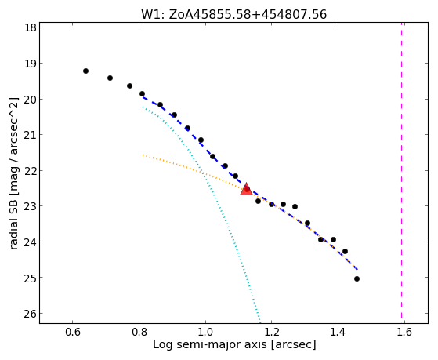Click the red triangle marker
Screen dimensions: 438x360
246,189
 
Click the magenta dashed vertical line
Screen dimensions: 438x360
402,170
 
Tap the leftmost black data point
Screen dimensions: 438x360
85,71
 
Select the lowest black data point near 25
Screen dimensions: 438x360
357,279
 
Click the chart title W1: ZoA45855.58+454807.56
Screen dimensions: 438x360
233,15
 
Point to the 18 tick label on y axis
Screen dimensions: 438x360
31,27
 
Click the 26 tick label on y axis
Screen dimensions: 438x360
31,314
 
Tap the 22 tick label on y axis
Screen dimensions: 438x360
31,170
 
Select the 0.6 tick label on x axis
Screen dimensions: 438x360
73,332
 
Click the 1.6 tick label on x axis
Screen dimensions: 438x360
404,332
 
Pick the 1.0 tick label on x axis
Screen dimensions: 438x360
205,332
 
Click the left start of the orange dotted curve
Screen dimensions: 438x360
143,155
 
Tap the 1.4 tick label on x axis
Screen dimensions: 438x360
338,332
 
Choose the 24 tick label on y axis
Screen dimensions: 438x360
31,242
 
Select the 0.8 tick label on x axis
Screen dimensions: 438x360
139,332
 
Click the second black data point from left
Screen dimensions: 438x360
110,78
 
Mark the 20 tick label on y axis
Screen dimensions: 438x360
31,100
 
